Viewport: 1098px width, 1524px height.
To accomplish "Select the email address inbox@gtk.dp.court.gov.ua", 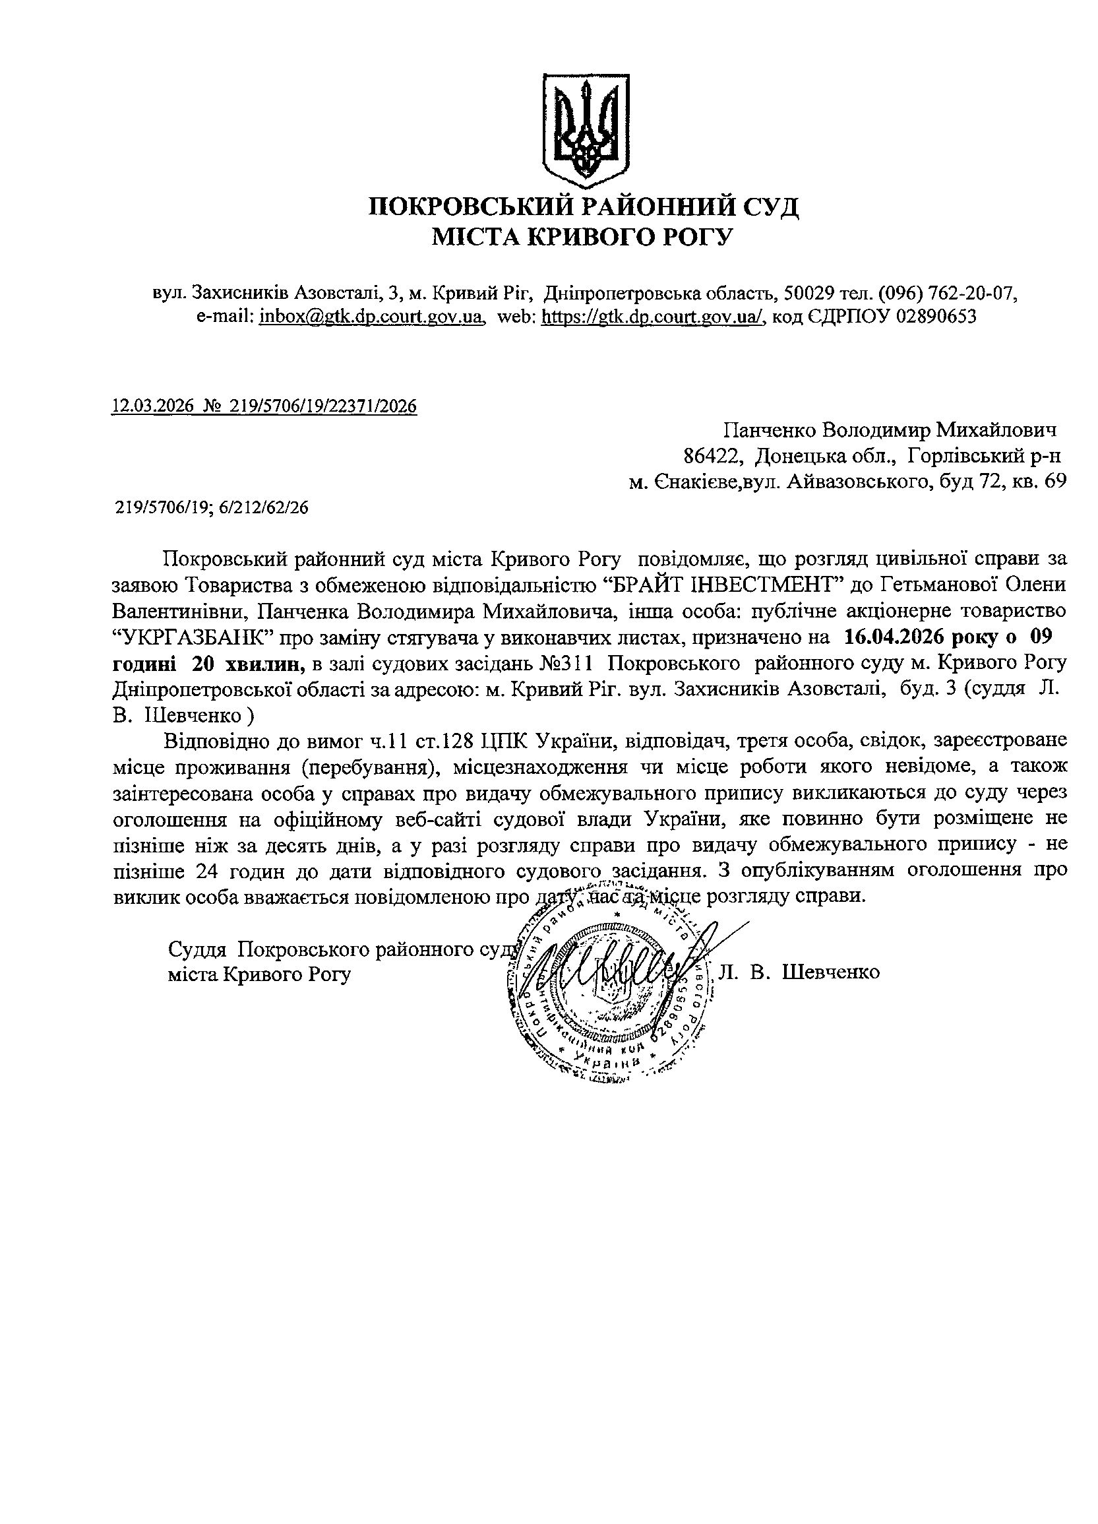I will point(372,317).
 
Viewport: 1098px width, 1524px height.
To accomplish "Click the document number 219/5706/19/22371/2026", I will point(323,406).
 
